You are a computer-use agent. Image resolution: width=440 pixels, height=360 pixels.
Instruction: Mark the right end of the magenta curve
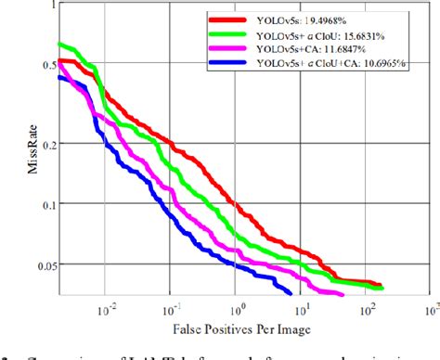pos(343,294)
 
